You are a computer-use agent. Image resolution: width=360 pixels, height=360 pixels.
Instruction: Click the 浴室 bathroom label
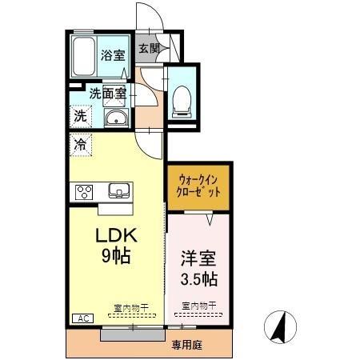point(114,55)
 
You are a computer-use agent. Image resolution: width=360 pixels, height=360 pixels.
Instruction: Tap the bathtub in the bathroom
point(83,55)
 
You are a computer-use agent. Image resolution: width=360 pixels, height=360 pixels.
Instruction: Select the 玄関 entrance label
point(149,49)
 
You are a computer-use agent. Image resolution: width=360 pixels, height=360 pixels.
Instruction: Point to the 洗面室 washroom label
point(107,93)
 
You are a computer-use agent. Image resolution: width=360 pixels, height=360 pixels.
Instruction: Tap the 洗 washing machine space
point(81,115)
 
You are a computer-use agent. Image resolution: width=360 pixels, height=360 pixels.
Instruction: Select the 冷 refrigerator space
point(81,145)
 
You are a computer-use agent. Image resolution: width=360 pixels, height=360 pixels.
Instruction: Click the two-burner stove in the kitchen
point(86,191)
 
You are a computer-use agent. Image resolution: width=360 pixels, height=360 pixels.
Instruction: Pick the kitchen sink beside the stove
point(119,191)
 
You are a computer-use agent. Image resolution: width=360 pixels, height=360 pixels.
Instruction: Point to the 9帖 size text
point(116,257)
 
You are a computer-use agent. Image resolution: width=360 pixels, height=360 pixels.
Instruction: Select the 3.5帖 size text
point(197,281)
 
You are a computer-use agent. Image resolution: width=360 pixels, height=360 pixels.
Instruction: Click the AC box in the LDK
point(82,318)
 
